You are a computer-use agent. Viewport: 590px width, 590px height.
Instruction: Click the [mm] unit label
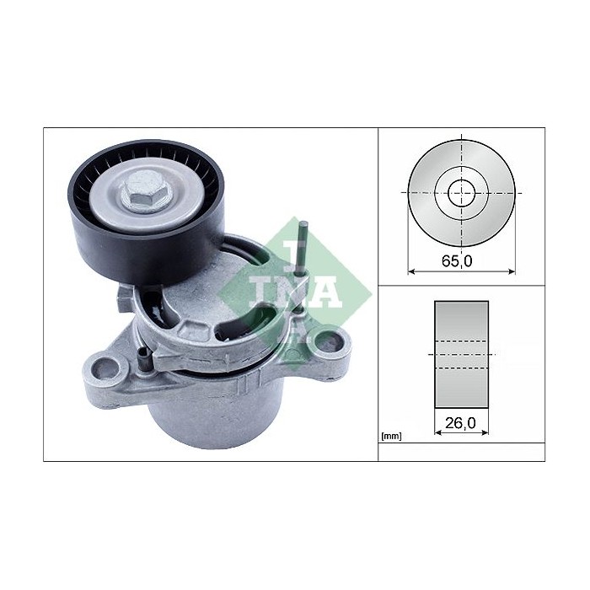click(x=392, y=436)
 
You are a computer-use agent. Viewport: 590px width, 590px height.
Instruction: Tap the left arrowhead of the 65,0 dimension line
click(x=410, y=271)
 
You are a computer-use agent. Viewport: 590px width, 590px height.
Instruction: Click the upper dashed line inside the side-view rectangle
click(x=461, y=341)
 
